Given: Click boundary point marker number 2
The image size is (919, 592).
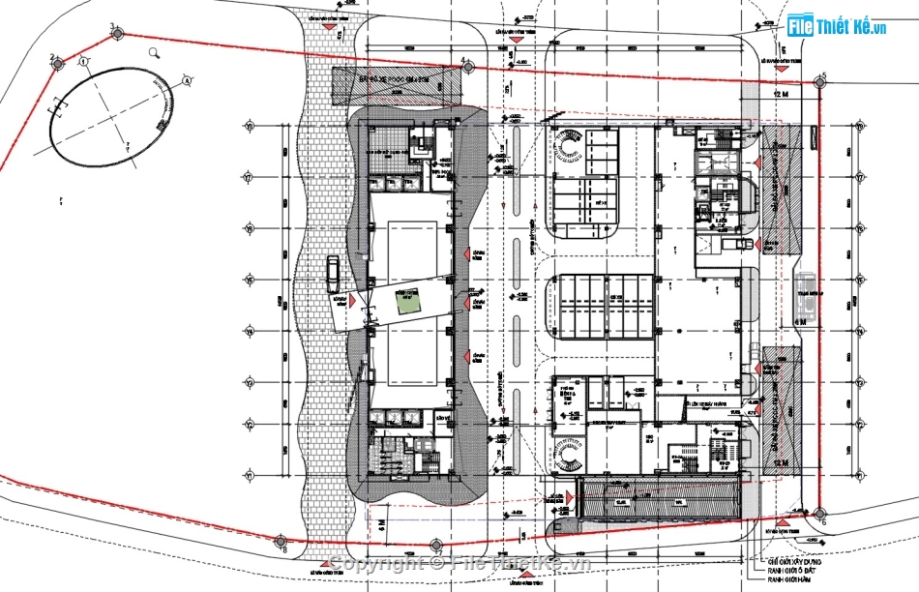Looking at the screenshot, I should [x=57, y=64].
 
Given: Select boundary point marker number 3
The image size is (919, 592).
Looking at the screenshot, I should [x=118, y=33].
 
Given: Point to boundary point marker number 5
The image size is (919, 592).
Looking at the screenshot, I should [x=820, y=81].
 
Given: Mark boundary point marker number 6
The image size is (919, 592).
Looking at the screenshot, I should [x=818, y=513].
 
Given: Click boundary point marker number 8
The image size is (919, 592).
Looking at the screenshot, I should [x=281, y=540].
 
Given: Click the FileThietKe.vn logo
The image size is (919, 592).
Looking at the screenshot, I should [x=838, y=26].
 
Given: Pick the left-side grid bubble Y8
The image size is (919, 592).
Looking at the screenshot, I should [x=249, y=127].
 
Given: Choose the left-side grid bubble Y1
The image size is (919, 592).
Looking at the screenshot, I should [x=249, y=476].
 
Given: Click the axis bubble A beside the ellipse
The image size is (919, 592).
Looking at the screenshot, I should [x=84, y=62].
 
